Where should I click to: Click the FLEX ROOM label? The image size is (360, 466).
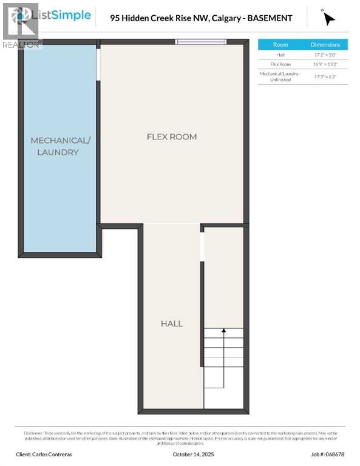click(172, 137)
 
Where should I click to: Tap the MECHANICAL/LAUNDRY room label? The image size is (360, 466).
click(60, 146)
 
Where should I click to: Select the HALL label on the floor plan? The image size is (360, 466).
click(171, 323)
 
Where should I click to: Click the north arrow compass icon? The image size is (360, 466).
click(328, 18)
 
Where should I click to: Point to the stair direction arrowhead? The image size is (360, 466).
click(223, 331)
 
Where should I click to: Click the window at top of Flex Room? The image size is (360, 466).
click(201, 42)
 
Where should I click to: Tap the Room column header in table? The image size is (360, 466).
click(280, 44)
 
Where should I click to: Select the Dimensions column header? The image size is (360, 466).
click(325, 44)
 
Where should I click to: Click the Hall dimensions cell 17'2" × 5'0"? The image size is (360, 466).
click(325, 55)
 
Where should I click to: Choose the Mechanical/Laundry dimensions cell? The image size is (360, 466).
click(325, 76)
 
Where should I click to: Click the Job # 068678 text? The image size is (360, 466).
click(327, 454)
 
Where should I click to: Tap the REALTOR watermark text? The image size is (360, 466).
click(22, 44)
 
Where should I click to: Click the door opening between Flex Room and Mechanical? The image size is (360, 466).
click(98, 63)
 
